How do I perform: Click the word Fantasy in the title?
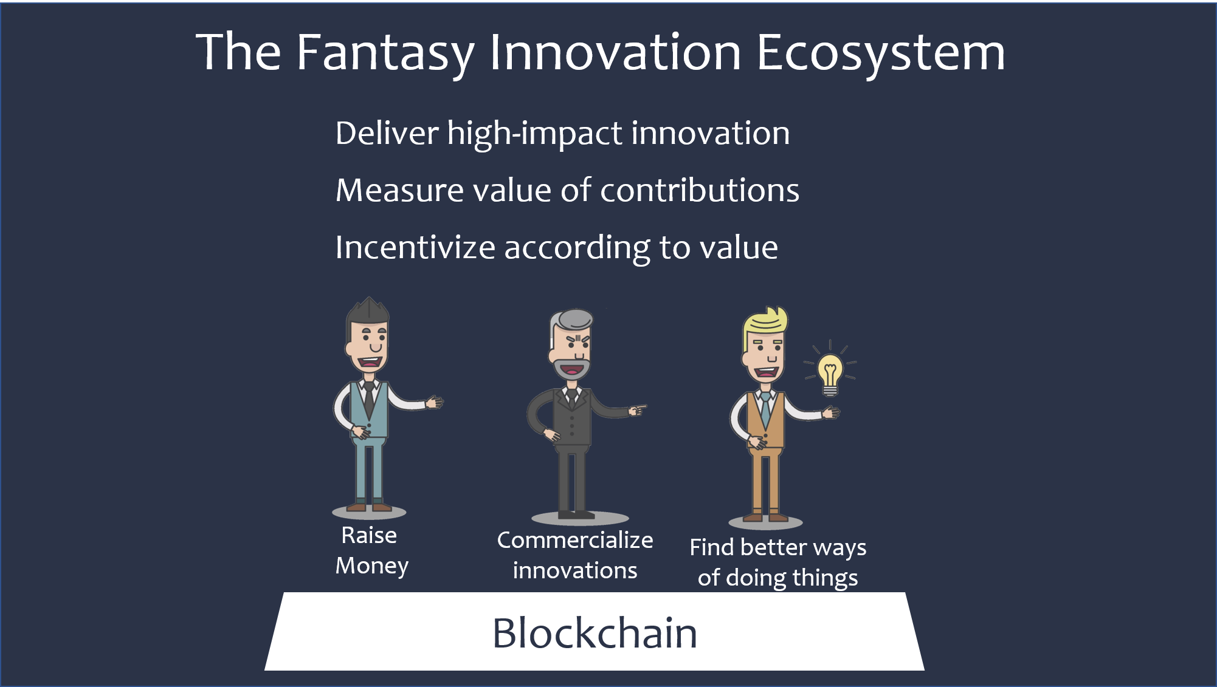click(385, 54)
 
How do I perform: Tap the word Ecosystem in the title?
click(881, 54)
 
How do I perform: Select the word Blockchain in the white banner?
click(595, 633)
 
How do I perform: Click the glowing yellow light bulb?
click(830, 374)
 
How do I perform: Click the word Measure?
click(400, 190)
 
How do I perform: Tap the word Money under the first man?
click(372, 566)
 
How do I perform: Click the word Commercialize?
click(575, 540)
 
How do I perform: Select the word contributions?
click(700, 190)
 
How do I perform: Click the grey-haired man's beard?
click(571, 368)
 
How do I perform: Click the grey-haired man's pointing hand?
click(637, 410)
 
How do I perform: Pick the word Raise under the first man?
click(369, 535)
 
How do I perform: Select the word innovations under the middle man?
click(575, 570)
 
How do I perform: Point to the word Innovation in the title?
click(615, 53)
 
